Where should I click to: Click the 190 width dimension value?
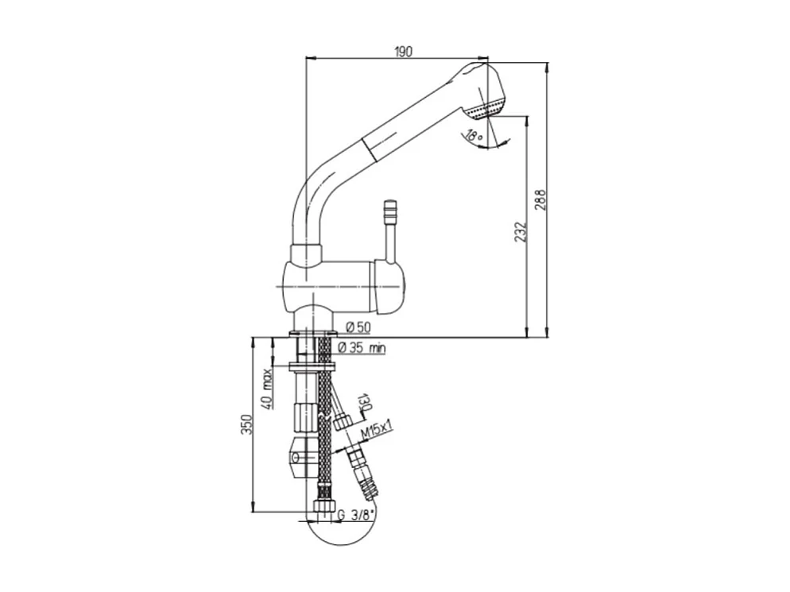(x=403, y=52)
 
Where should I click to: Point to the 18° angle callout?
(x=475, y=136)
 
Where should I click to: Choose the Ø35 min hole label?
(x=362, y=348)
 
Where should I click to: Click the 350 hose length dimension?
(x=246, y=427)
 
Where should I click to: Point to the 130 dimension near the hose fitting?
(x=365, y=402)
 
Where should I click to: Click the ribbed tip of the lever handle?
(x=390, y=213)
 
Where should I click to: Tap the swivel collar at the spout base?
(x=306, y=255)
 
